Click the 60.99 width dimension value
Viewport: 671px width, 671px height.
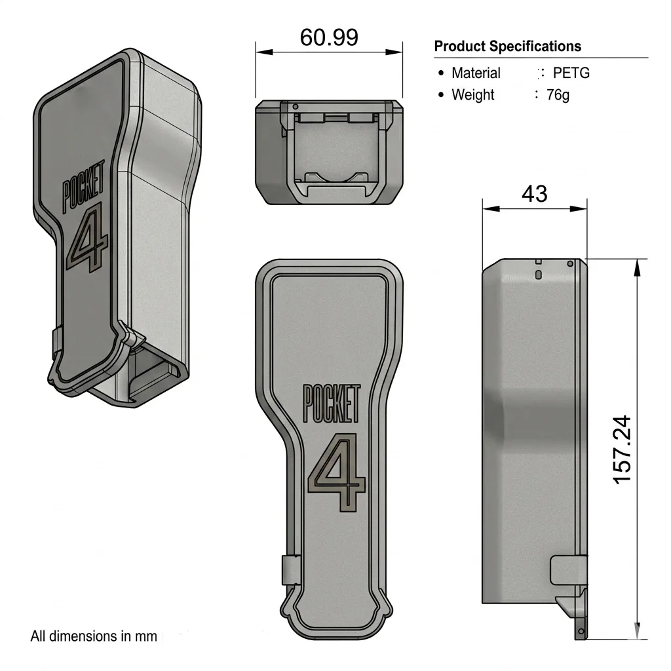[x=329, y=37]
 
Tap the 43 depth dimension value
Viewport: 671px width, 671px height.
[x=535, y=194]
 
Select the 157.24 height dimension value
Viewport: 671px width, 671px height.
[x=623, y=450]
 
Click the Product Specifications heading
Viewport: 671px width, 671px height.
[x=508, y=47]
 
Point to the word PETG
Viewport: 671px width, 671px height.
[x=571, y=73]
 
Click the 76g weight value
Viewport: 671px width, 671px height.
[x=558, y=94]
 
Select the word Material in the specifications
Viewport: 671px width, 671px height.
[x=476, y=73]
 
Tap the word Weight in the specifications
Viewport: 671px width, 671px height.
[x=473, y=94]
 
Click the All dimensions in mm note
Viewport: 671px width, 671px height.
[x=94, y=636]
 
